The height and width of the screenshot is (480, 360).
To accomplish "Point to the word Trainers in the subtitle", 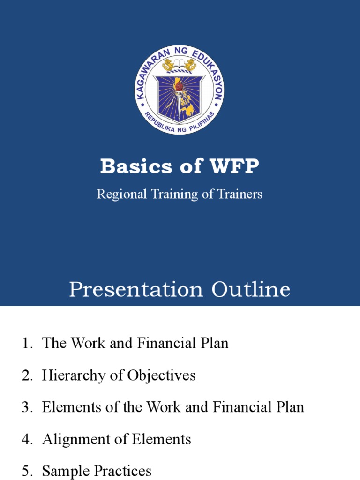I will coord(239,194).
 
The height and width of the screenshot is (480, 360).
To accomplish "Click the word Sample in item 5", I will coord(61,471).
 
